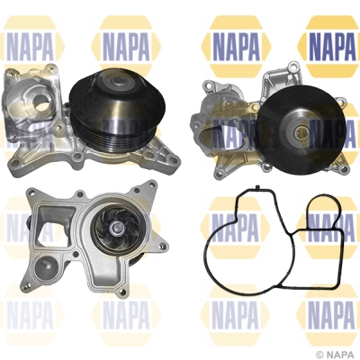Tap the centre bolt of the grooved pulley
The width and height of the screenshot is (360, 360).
tap(116, 81)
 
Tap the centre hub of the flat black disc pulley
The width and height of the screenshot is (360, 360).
tap(301, 131)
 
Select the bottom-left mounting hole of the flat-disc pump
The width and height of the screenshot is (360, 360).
tap(220, 174)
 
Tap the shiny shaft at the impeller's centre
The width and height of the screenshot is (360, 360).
tap(115, 229)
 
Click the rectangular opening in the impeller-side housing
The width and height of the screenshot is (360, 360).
tap(53, 228)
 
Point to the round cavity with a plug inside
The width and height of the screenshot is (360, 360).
tap(45, 265)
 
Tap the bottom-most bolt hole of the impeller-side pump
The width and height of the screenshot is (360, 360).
tap(121, 292)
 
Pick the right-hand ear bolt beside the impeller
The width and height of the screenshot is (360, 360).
tap(163, 247)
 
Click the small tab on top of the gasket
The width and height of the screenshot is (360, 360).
tap(257, 187)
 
